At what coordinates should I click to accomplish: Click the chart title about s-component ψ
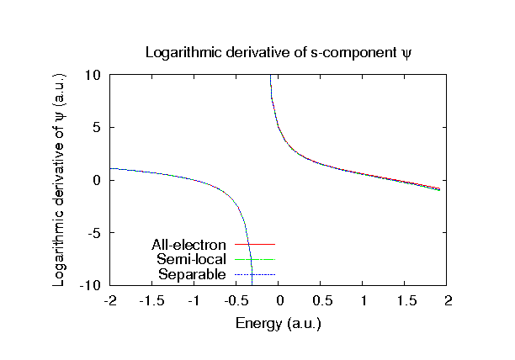pyautogui.click(x=278, y=52)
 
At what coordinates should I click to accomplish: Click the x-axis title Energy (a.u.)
pyautogui.click(x=278, y=323)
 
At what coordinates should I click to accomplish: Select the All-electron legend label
pyautogui.click(x=190, y=245)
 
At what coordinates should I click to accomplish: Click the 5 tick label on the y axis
pyautogui.click(x=98, y=128)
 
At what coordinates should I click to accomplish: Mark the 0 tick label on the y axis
pyautogui.click(x=98, y=180)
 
